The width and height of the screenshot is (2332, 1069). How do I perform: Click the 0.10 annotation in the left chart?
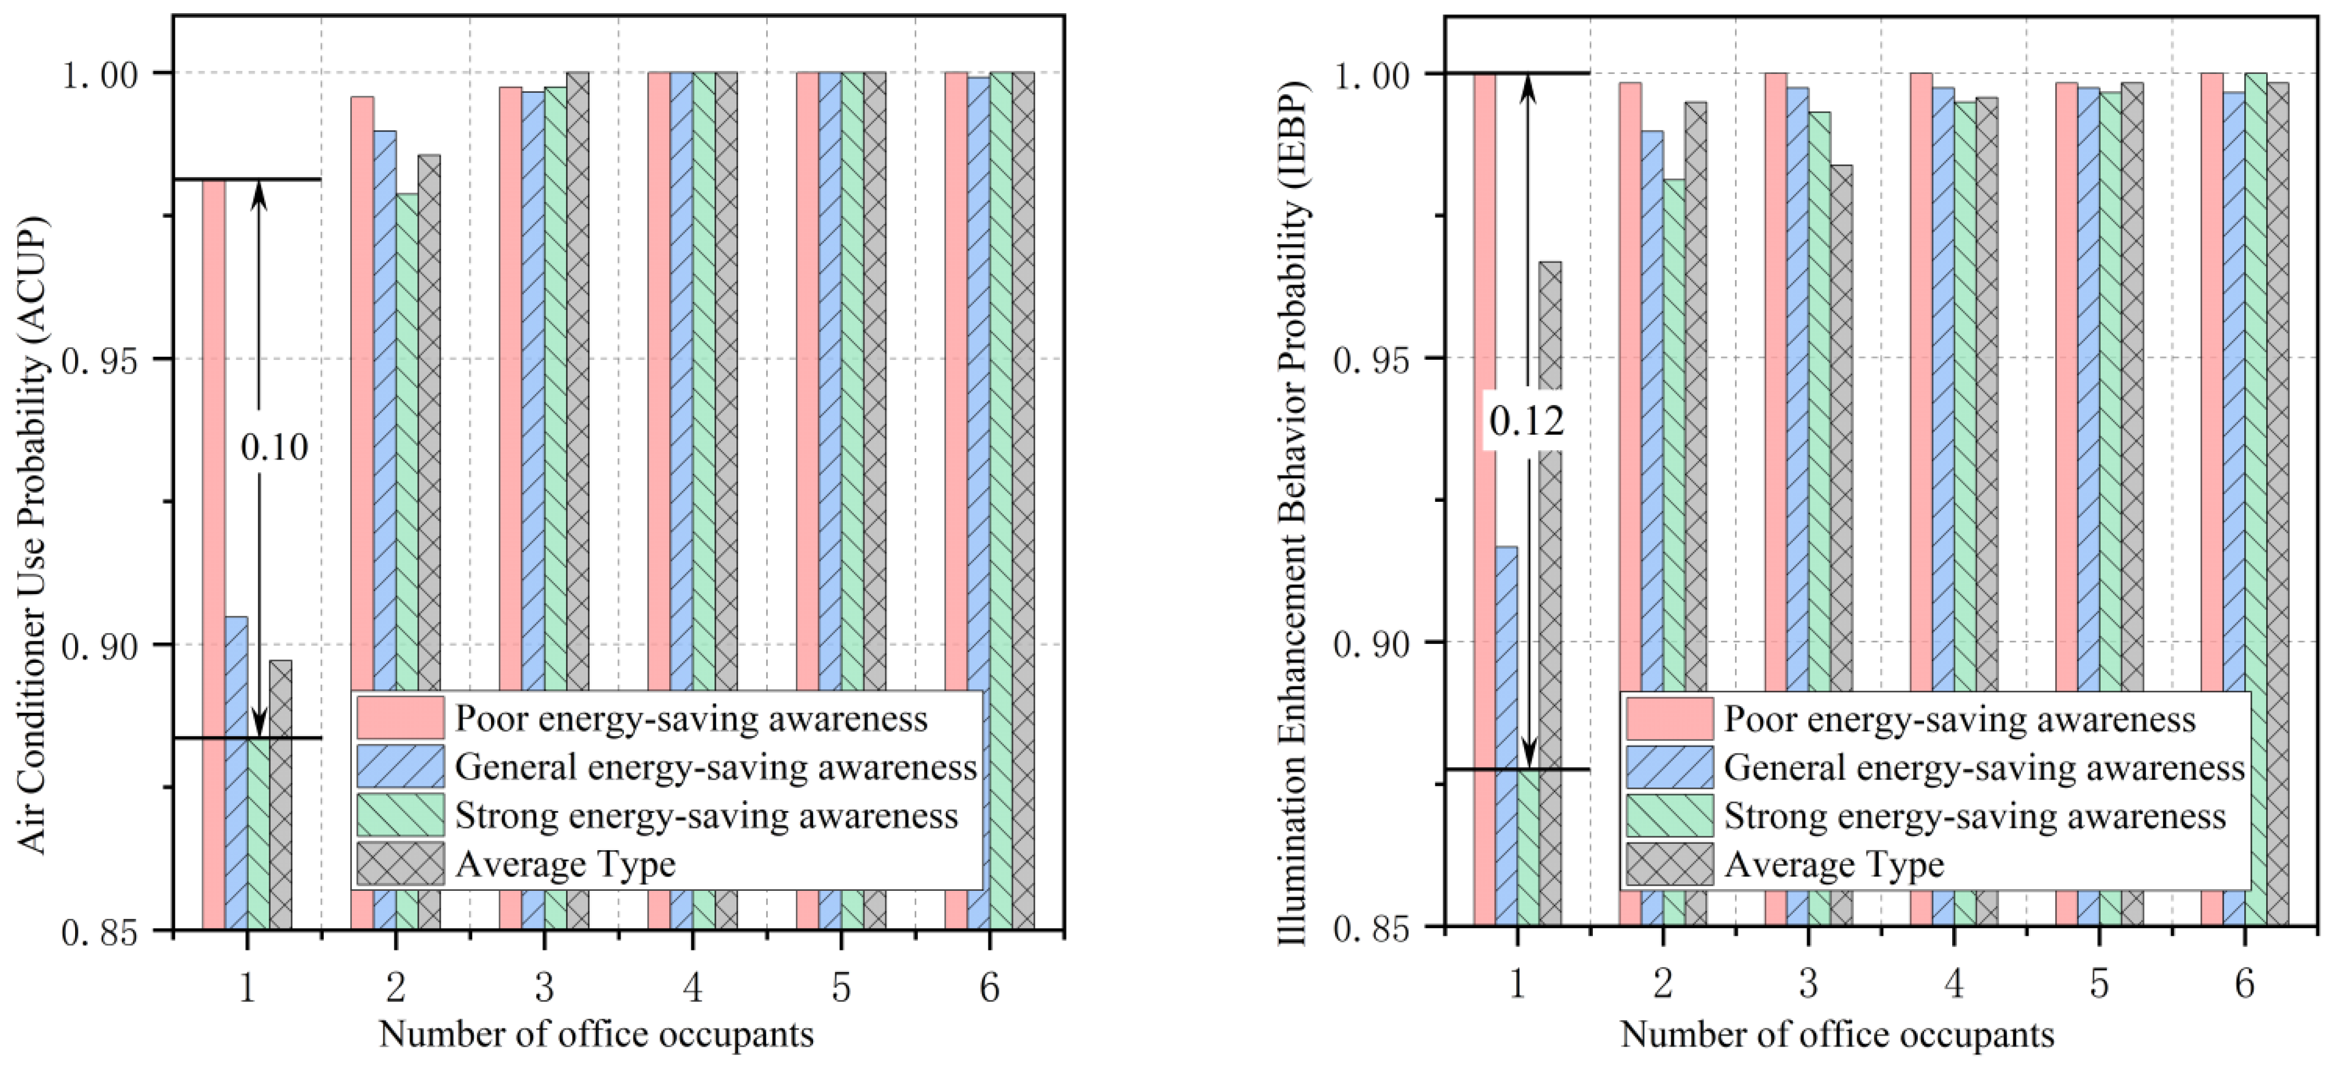[x=273, y=447]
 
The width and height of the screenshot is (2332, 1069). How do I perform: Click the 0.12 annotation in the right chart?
[x=1526, y=421]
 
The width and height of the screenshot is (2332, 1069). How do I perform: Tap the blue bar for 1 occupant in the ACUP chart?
[x=236, y=769]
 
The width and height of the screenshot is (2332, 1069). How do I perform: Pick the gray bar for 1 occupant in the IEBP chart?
[x=1550, y=588]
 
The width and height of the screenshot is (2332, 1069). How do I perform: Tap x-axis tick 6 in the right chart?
[x=2244, y=984]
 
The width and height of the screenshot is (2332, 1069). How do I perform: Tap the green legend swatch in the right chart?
[x=1669, y=816]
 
